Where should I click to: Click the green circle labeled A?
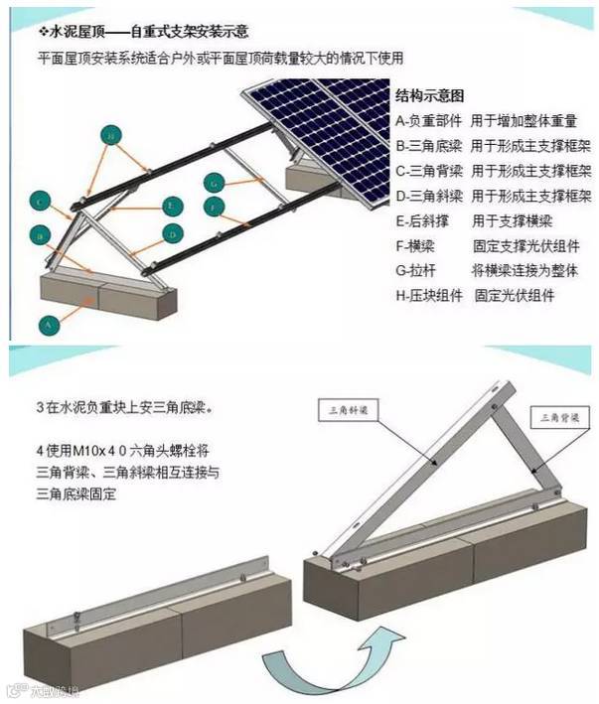(46, 322)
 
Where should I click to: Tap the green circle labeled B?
(41, 235)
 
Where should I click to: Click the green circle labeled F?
(217, 207)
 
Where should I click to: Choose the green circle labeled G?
(214, 182)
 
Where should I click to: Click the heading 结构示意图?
(429, 96)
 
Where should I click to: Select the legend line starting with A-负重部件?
(486, 121)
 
